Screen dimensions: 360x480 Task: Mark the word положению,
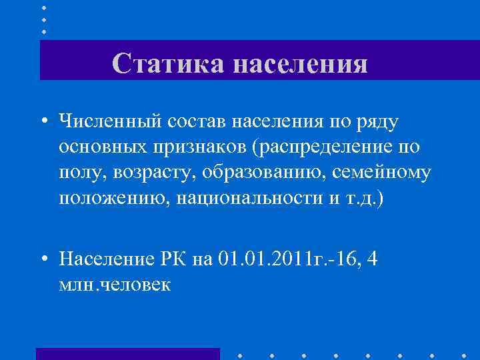[x=113, y=199]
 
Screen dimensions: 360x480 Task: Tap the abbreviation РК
[x=175, y=258]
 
